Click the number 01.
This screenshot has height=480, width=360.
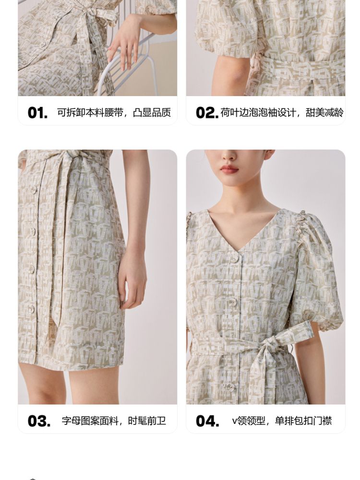tap(37, 113)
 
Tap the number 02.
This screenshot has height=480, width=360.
tap(207, 113)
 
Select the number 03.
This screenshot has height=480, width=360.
tap(39, 421)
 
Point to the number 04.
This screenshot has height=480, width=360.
tap(207, 421)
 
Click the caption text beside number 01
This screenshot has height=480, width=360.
tap(114, 113)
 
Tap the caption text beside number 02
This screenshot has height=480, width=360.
tap(282, 113)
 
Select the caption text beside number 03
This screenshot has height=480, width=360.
tap(114, 421)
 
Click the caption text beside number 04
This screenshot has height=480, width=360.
tap(282, 421)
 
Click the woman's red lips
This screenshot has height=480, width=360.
tap(229, 168)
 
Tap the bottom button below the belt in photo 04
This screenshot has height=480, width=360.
tap(230, 386)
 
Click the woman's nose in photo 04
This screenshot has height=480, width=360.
tap(228, 155)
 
